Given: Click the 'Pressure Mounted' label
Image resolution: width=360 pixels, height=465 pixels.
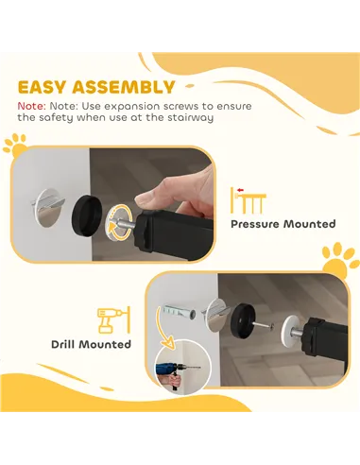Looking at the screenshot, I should (x=283, y=224).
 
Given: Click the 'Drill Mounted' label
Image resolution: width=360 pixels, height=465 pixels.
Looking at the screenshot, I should (x=91, y=344).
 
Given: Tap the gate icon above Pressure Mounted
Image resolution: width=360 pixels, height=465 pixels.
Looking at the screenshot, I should (x=249, y=199).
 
